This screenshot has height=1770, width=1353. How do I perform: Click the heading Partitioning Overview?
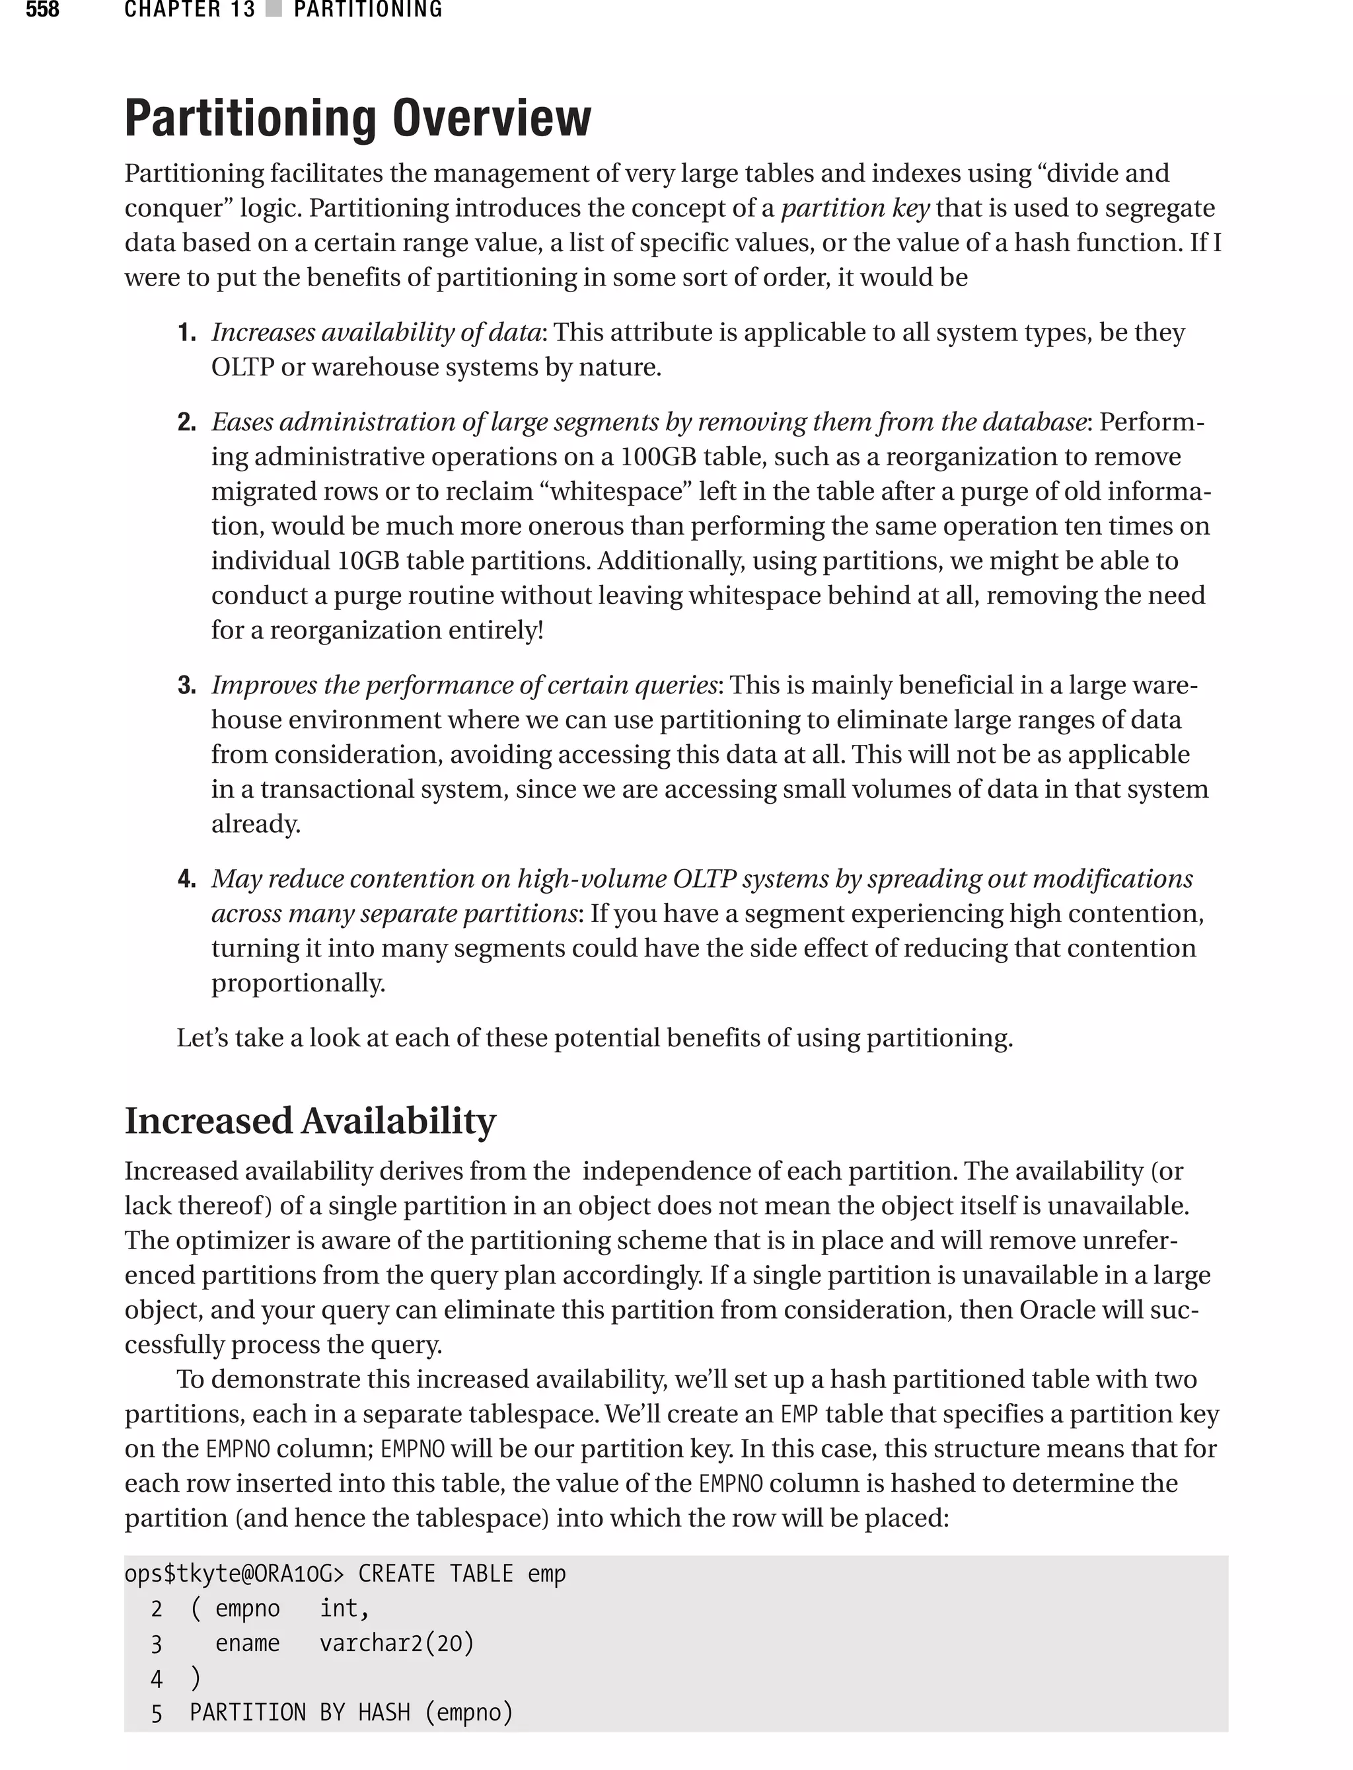point(357,118)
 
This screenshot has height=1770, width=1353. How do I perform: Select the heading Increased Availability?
point(310,1121)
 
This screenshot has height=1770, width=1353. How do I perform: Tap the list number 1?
point(187,332)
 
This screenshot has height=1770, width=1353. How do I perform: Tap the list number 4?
point(187,879)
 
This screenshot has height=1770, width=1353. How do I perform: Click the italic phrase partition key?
point(856,208)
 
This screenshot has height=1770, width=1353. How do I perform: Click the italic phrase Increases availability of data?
point(376,332)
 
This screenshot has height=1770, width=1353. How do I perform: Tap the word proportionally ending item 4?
point(297,983)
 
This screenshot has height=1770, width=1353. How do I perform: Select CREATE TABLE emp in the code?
point(462,1574)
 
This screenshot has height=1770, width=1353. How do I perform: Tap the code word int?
point(344,1608)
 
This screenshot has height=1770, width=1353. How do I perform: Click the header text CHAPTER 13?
point(189,10)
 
